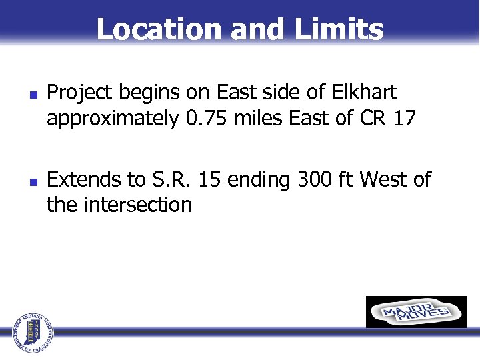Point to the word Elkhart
coord(371,93)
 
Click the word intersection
coord(139,204)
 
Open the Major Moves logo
coord(416,312)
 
